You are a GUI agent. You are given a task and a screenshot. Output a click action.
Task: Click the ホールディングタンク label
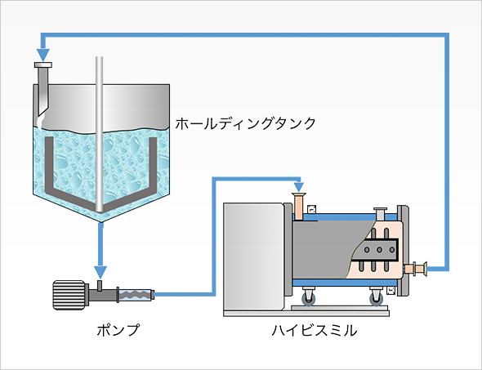pyautogui.click(x=246, y=123)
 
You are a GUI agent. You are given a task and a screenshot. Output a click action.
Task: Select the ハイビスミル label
pyautogui.click(x=315, y=331)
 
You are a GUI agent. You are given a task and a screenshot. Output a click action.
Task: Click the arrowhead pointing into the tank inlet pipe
pyautogui.click(x=43, y=55)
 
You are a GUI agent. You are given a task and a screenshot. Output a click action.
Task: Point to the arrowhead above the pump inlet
pyautogui.click(x=100, y=272)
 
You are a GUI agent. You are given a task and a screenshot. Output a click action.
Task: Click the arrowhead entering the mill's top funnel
pyautogui.click(x=299, y=187)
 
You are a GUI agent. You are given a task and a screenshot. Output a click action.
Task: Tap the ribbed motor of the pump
pyautogui.click(x=69, y=295)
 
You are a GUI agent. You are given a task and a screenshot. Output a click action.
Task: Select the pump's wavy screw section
pyautogui.click(x=136, y=295)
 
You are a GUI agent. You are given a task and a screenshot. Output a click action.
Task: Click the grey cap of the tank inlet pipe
pyautogui.click(x=43, y=65)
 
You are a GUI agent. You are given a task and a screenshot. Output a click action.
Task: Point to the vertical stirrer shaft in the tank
pyautogui.click(x=100, y=134)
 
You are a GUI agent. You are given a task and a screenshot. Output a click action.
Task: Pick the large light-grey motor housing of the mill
pyautogui.click(x=254, y=257)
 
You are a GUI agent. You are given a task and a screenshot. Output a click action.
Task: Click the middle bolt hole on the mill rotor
pyautogui.click(x=379, y=250)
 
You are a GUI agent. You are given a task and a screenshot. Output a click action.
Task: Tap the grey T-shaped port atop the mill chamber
pyautogui.click(x=380, y=213)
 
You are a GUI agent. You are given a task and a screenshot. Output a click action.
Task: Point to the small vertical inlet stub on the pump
pyautogui.click(x=100, y=285)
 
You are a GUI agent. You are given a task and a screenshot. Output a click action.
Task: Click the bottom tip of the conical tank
pyautogui.click(x=101, y=222)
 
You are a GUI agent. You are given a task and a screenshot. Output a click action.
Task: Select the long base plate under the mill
pyautogui.click(x=306, y=314)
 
